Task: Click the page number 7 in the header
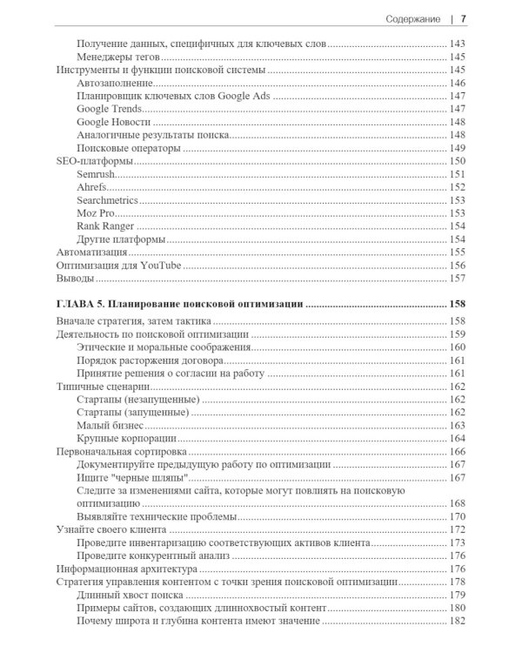click(x=464, y=18)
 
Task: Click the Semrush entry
click(x=97, y=174)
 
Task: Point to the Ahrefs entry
click(x=93, y=187)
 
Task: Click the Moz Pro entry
click(x=97, y=213)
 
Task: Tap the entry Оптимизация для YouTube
click(x=117, y=266)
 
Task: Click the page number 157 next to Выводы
click(x=457, y=279)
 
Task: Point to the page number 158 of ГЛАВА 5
click(x=457, y=305)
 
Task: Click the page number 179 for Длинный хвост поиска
click(x=457, y=595)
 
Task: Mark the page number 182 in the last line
click(x=457, y=621)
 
